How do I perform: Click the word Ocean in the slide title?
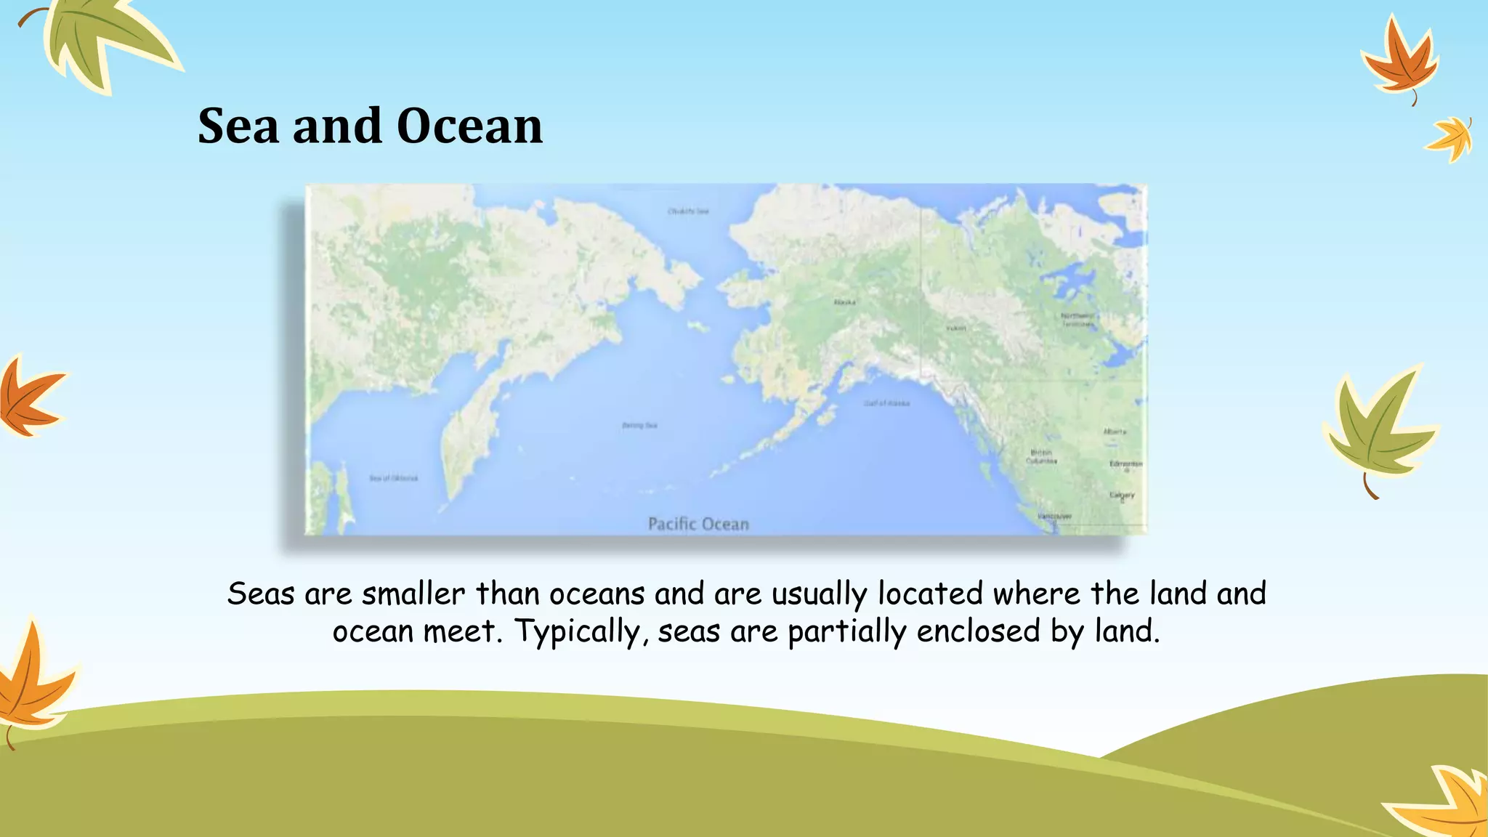pyautogui.click(x=469, y=126)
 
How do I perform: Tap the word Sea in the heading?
pyautogui.click(x=238, y=126)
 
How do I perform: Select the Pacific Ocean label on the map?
pyautogui.click(x=698, y=524)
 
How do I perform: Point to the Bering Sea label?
pyautogui.click(x=639, y=425)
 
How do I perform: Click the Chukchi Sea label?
pyautogui.click(x=688, y=211)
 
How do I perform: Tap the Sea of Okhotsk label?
pyautogui.click(x=394, y=478)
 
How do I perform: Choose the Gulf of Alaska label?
pyautogui.click(x=886, y=403)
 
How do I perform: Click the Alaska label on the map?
pyautogui.click(x=844, y=302)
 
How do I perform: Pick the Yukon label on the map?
pyautogui.click(x=956, y=328)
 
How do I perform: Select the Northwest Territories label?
pyautogui.click(x=1077, y=320)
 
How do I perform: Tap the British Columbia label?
pyautogui.click(x=1041, y=456)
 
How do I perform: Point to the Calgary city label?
pyautogui.click(x=1122, y=495)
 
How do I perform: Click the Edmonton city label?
pyautogui.click(x=1125, y=464)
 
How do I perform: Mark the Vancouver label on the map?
pyautogui.click(x=1054, y=517)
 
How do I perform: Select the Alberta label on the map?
pyautogui.click(x=1115, y=432)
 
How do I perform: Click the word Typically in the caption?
pyautogui.click(x=576, y=631)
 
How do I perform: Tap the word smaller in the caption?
pyautogui.click(x=413, y=594)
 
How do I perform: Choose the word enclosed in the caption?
pyautogui.click(x=978, y=631)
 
